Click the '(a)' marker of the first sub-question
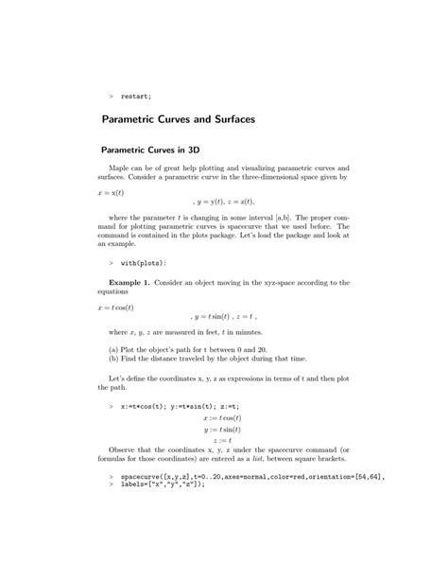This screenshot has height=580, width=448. pos(114,348)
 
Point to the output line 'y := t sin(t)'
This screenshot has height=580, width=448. pos(222,428)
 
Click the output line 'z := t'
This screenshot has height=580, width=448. pos(222,439)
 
